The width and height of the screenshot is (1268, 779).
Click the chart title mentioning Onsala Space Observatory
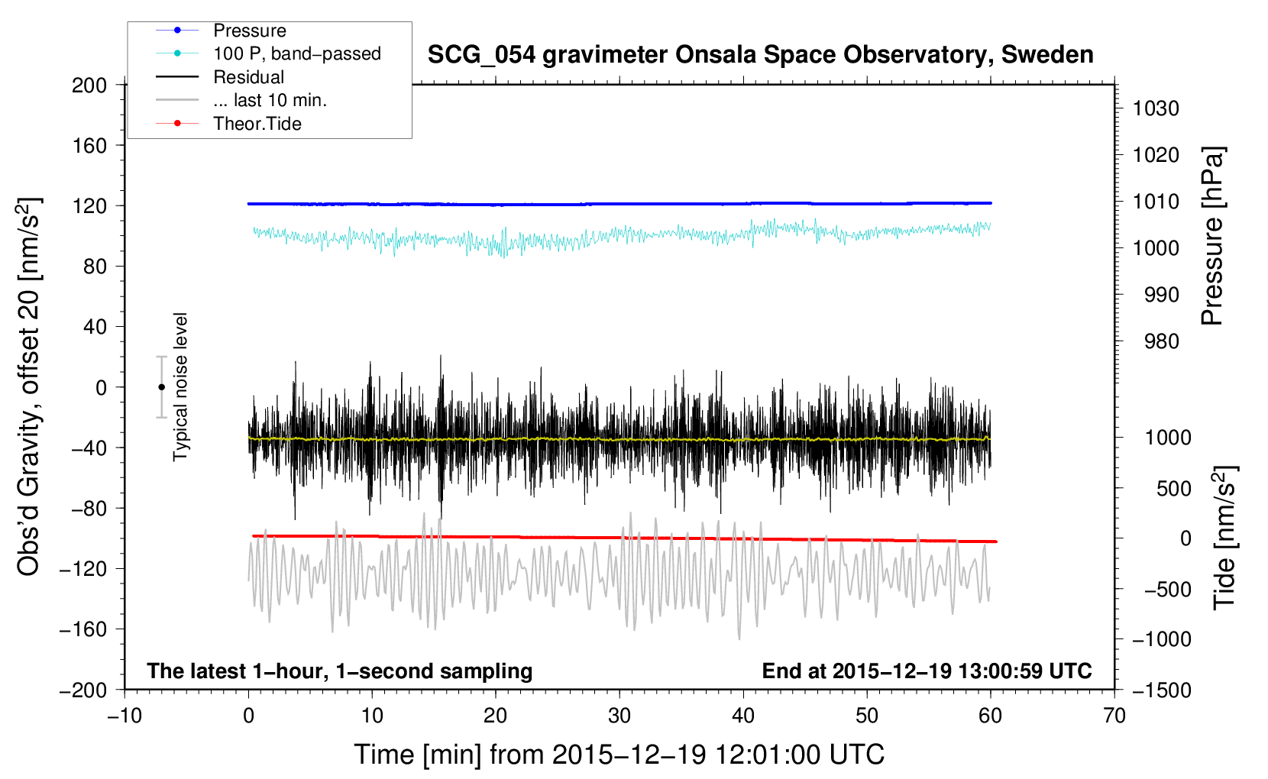[x=760, y=55]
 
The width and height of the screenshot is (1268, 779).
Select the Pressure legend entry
[x=249, y=31]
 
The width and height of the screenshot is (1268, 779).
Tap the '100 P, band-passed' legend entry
[x=296, y=53]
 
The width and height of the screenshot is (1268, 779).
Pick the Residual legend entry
[x=248, y=77]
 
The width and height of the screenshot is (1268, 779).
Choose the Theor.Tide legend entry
[x=257, y=124]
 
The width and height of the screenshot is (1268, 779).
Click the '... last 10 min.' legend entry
[x=270, y=100]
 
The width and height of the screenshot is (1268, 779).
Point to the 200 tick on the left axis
[x=89, y=85]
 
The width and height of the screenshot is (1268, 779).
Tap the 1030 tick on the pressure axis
[x=1156, y=108]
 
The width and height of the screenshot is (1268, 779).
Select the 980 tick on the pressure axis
[x=1162, y=341]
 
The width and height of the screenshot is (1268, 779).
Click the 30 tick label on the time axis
[x=619, y=716]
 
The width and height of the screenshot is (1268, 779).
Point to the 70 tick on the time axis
[x=1114, y=716]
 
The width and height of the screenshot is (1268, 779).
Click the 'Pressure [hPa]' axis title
[x=1212, y=236]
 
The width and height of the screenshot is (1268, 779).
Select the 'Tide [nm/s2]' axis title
[x=1224, y=537]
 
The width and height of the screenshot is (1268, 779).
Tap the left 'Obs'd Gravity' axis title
[x=29, y=386]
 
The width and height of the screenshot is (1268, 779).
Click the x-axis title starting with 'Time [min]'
[x=619, y=755]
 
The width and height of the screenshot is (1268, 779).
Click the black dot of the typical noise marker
[x=161, y=387]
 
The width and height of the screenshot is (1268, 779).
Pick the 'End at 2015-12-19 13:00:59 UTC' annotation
[x=927, y=671]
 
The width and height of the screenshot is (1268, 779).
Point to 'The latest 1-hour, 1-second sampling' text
[x=339, y=671]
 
